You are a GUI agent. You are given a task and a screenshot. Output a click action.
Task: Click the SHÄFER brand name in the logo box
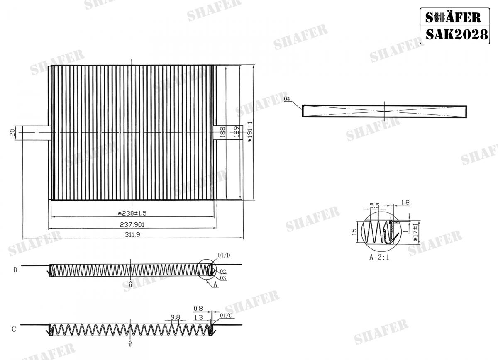[x=453, y=17]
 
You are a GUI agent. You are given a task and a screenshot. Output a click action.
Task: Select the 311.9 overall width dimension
[x=132, y=234]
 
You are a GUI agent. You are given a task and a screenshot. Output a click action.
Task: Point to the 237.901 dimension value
[x=132, y=224]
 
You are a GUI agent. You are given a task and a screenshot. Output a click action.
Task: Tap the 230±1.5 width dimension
[x=132, y=214]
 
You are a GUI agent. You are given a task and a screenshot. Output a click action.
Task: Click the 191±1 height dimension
[x=250, y=132]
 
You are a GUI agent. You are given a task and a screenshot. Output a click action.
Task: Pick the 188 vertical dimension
[x=222, y=132]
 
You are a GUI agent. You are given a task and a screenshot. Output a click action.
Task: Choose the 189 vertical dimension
[x=236, y=132]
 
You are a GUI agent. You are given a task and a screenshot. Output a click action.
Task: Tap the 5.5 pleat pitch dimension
[x=374, y=205]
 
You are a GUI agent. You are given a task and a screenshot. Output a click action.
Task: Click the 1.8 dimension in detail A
[x=406, y=203]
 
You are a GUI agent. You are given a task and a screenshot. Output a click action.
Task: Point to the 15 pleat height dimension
[x=354, y=231]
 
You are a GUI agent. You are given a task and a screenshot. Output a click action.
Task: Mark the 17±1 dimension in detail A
[x=415, y=232]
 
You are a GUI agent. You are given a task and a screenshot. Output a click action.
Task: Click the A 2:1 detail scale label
[x=379, y=257]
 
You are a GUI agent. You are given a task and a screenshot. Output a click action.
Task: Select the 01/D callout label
[x=224, y=255]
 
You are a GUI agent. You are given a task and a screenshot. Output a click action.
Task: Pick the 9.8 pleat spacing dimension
[x=175, y=318]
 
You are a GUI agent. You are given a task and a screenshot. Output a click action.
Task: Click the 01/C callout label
[x=226, y=316]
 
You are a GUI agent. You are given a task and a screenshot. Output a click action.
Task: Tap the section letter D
[x=15, y=270]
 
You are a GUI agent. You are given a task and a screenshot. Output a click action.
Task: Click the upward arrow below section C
[x=131, y=343]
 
